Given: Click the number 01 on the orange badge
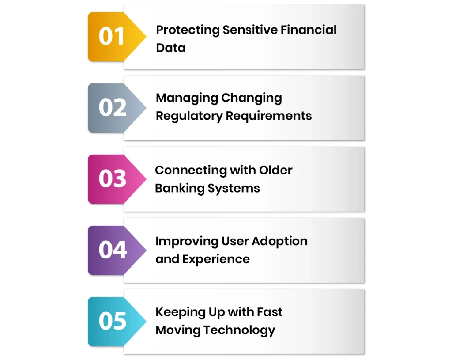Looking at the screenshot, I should [x=111, y=36].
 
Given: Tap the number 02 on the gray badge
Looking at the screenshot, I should [x=112, y=107].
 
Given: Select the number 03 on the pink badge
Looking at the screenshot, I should [x=112, y=179].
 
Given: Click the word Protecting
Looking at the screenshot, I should [x=188, y=30].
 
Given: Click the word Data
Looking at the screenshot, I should [x=171, y=48].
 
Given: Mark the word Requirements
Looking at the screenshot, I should [x=269, y=116].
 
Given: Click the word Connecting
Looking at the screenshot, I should [x=189, y=171].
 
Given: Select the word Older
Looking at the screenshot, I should [x=276, y=170].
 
